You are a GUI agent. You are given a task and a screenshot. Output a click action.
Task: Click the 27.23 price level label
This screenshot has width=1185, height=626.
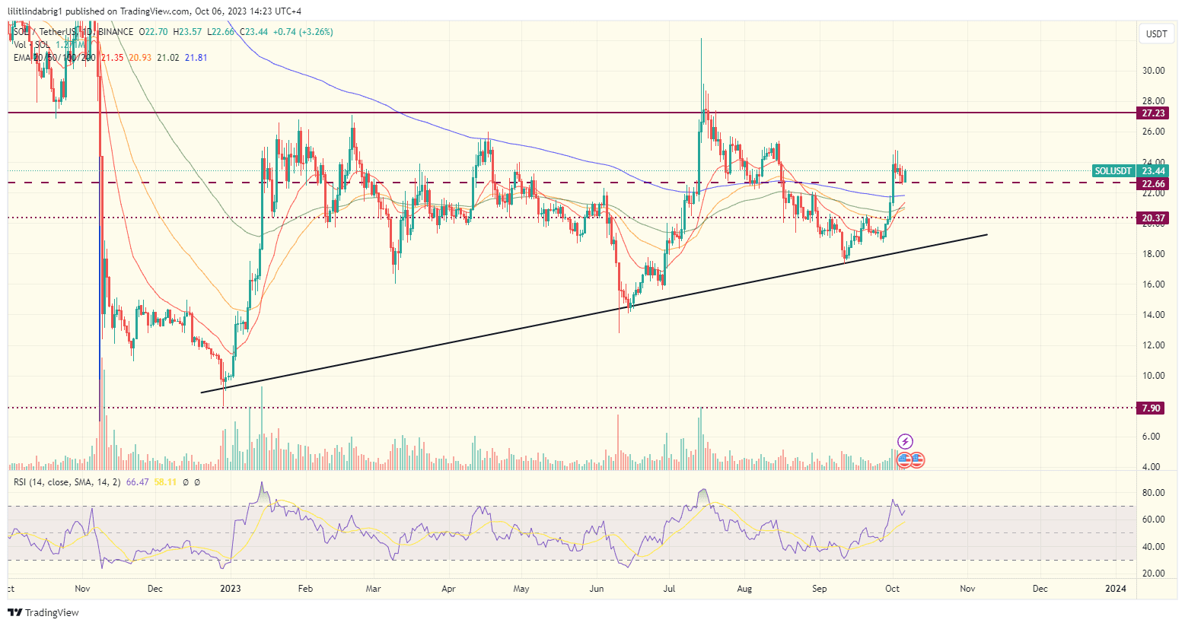[x=1153, y=113]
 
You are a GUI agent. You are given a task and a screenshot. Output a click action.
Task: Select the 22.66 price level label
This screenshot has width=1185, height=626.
[x=1153, y=183]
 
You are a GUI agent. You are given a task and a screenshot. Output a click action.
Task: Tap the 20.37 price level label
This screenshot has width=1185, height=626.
[x=1153, y=218]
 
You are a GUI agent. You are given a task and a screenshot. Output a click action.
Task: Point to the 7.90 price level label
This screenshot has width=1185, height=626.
[x=1152, y=408]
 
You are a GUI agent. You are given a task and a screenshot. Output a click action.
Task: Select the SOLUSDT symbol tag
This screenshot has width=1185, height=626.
[x=1113, y=170]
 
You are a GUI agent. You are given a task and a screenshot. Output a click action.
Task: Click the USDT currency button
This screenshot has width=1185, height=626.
[x=1156, y=34]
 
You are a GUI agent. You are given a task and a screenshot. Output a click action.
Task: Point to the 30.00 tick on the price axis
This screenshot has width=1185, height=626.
[x=1154, y=71]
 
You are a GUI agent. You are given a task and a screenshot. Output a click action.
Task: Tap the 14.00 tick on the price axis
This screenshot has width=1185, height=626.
[x=1154, y=315]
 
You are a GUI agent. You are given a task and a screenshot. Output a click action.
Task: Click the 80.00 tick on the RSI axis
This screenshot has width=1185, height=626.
[x=1154, y=493]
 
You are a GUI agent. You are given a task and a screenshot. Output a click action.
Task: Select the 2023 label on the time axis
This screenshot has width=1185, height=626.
[x=230, y=588]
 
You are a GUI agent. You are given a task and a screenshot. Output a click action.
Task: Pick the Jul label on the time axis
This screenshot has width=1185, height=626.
[x=670, y=588]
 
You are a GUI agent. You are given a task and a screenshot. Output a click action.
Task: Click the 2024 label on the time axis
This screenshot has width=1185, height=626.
[x=1116, y=588]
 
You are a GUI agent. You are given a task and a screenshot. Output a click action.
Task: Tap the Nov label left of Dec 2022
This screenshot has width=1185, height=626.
[x=83, y=588]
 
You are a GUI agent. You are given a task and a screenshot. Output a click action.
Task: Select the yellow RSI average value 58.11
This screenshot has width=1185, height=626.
[x=165, y=481]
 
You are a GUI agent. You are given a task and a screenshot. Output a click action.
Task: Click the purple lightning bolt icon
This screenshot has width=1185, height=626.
[x=905, y=441]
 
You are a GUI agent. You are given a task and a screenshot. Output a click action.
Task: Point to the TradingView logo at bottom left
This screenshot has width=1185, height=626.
[x=44, y=612]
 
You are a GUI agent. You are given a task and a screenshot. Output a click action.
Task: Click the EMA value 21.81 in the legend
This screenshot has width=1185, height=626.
[x=196, y=58]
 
